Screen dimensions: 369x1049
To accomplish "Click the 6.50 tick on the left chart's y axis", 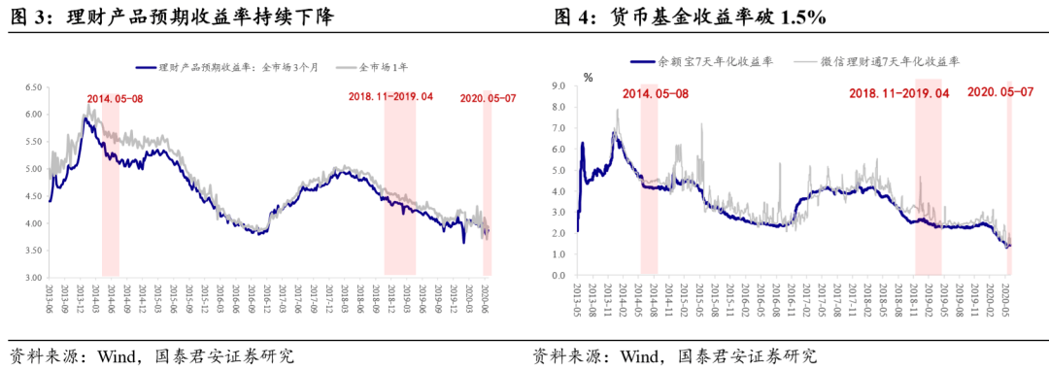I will [31, 87].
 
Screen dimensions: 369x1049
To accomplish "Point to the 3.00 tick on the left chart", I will [31, 278].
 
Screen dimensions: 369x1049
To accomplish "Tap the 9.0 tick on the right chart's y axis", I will [559, 86].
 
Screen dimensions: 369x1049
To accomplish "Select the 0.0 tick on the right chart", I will [559, 276].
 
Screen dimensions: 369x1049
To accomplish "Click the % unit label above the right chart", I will [588, 76].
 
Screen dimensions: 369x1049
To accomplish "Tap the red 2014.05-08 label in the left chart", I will [115, 99].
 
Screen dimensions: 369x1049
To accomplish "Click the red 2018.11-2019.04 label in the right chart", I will [898, 93].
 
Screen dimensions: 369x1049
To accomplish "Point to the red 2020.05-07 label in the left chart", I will [487, 98].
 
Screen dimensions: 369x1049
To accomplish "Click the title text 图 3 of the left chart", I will [28, 18].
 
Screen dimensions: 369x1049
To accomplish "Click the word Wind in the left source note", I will [117, 354].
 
